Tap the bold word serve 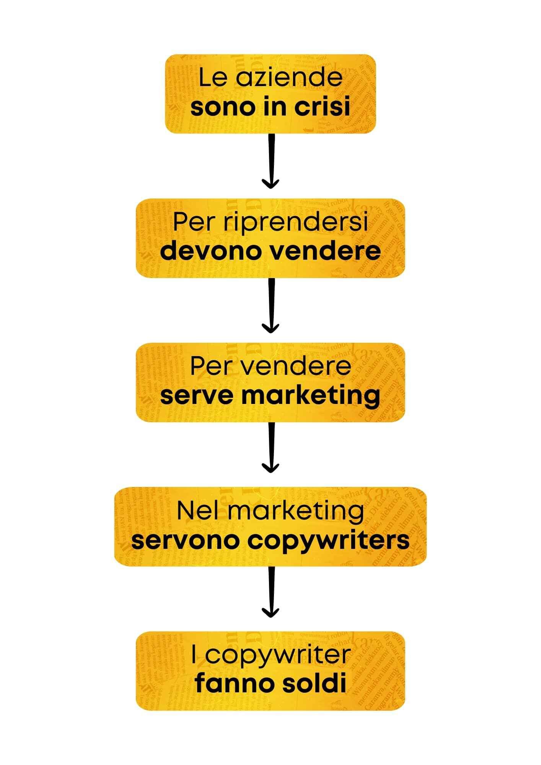(x=195, y=396)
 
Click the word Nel (x=196, y=511)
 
